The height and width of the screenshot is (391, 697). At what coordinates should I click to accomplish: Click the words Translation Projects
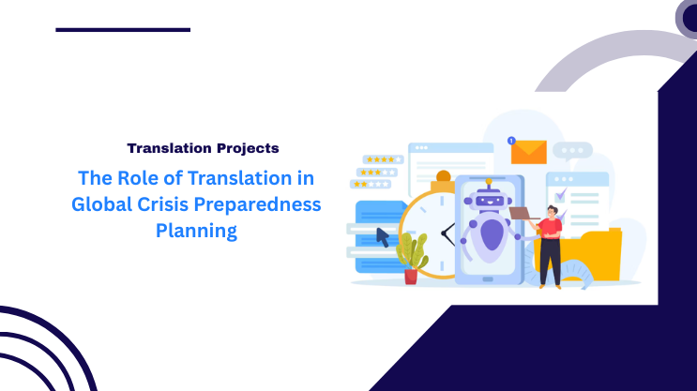click(x=203, y=148)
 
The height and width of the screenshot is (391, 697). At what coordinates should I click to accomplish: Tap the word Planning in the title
click(x=196, y=231)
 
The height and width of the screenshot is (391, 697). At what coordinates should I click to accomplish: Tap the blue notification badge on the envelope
click(x=511, y=141)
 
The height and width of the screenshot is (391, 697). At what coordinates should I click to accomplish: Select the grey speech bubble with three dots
click(x=572, y=150)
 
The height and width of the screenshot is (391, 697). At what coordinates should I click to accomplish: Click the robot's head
click(x=489, y=199)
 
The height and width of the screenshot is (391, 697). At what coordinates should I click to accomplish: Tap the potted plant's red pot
click(x=411, y=276)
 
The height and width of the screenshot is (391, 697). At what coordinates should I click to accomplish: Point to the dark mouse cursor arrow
click(x=383, y=236)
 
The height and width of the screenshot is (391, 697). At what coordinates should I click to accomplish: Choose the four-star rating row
click(x=382, y=159)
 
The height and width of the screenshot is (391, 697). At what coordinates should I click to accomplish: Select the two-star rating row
click(x=369, y=186)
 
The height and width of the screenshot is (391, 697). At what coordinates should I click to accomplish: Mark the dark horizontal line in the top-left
click(x=123, y=30)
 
